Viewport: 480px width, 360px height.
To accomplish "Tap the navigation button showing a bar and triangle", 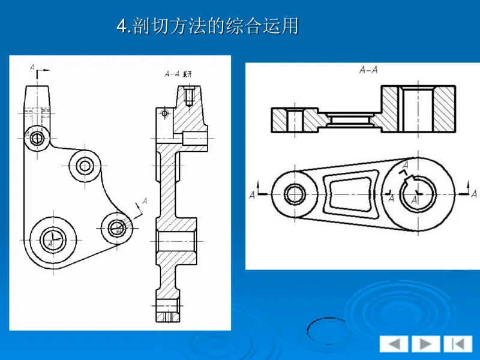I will tap(458, 344).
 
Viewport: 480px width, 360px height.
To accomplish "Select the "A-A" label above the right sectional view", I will tap(368, 70).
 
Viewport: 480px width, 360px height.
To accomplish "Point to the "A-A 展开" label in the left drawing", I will tap(178, 74).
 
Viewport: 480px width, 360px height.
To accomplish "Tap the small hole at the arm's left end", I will tap(295, 194).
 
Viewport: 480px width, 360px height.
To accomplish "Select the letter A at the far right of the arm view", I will tap(474, 193).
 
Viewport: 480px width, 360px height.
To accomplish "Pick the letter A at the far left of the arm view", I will tap(252, 194).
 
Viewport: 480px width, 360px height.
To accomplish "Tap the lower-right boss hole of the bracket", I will tap(116, 227).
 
